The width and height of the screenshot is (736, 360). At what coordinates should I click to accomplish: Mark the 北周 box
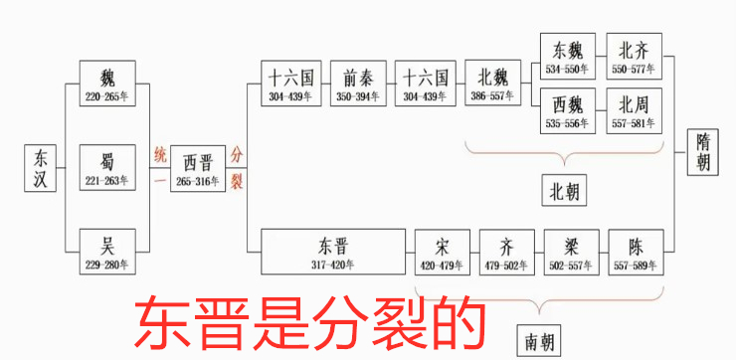(636, 110)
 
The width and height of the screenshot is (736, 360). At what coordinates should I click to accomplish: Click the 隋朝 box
(703, 155)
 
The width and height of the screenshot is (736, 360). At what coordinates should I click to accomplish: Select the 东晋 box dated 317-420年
(334, 253)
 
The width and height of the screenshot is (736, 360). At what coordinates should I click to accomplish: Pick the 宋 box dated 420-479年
(443, 253)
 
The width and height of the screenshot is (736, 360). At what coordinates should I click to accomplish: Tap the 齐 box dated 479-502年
(508, 253)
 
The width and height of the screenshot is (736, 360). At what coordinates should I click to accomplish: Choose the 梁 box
(573, 253)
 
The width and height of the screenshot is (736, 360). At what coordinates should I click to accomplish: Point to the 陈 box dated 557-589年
(637, 253)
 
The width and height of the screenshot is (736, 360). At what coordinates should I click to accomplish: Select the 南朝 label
(541, 342)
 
